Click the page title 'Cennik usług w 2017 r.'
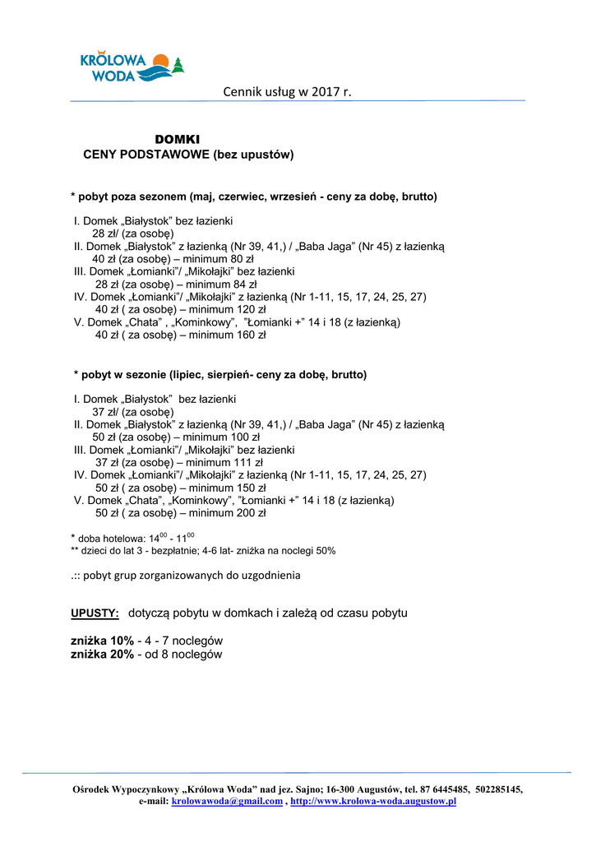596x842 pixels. click(287, 91)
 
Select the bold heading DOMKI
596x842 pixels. click(178, 140)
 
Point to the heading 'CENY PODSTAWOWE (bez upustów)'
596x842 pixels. click(188, 154)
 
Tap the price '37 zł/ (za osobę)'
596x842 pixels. click(132, 412)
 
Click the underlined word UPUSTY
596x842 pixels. click(95, 613)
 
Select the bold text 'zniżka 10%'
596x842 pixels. click(102, 641)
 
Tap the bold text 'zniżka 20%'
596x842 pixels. click(102, 655)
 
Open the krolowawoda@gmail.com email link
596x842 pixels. click(227, 801)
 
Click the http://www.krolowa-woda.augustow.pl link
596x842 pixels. click(373, 801)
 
